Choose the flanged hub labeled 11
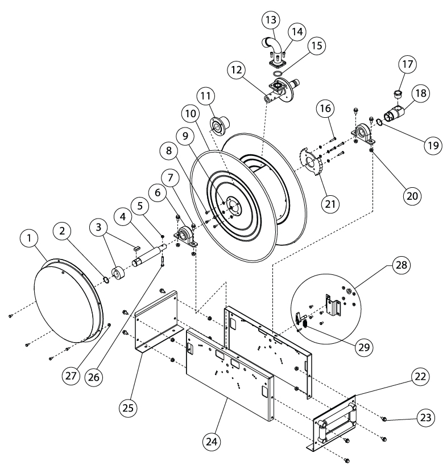point(217,125)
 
